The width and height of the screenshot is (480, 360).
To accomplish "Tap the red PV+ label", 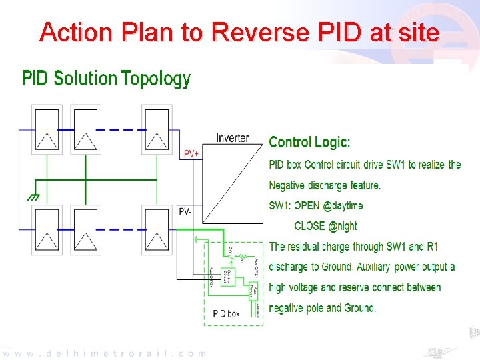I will [191, 154].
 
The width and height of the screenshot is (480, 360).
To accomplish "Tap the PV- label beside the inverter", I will [185, 211].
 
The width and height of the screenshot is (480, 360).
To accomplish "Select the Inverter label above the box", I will [232, 138].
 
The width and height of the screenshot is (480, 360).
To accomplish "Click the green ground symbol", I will [31, 198].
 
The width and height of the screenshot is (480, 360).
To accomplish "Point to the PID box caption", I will [226, 313].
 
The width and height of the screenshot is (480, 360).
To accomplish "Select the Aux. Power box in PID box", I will [253, 292].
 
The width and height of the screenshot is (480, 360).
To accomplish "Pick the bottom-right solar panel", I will [158, 231].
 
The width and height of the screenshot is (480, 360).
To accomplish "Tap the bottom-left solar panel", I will [47, 231].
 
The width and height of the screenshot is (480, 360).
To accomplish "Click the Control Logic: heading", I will [309, 142].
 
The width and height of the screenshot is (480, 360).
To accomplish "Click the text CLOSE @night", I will [325, 226].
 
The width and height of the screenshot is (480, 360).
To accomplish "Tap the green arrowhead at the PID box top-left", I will [195, 238].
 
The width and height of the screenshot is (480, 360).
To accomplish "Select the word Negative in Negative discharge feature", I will [290, 185].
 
